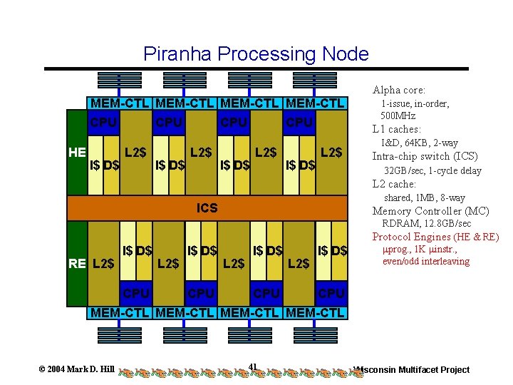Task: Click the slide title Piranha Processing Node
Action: pyautogui.click(x=256, y=53)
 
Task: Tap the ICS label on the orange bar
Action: pyautogui.click(x=207, y=208)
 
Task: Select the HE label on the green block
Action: pyautogui.click(x=77, y=152)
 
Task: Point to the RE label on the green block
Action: pyautogui.click(x=77, y=264)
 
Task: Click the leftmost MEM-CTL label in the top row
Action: pyautogui.click(x=119, y=104)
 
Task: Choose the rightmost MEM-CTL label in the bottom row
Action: pyautogui.click(x=315, y=312)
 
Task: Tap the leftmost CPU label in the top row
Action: pyautogui.click(x=103, y=123)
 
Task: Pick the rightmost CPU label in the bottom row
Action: pyautogui.click(x=332, y=294)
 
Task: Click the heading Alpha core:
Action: pyautogui.click(x=399, y=90)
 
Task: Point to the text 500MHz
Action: pyautogui.click(x=398, y=115)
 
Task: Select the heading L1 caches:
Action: pyautogui.click(x=397, y=129)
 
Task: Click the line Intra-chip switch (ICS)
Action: pyautogui.click(x=420, y=156)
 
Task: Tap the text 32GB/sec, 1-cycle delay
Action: pyautogui.click(x=432, y=170)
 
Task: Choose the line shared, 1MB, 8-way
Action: pyautogui.click(x=425, y=197)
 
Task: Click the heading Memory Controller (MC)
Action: pyautogui.click(x=430, y=211)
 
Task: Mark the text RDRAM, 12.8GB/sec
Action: pyautogui.click(x=427, y=224)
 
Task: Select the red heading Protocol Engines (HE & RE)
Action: pyautogui.click(x=435, y=237)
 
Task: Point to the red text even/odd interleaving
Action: pyautogui.click(x=426, y=262)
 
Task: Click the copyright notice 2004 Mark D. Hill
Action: pyautogui.click(x=76, y=369)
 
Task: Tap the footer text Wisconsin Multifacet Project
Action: pyautogui.click(x=413, y=369)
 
